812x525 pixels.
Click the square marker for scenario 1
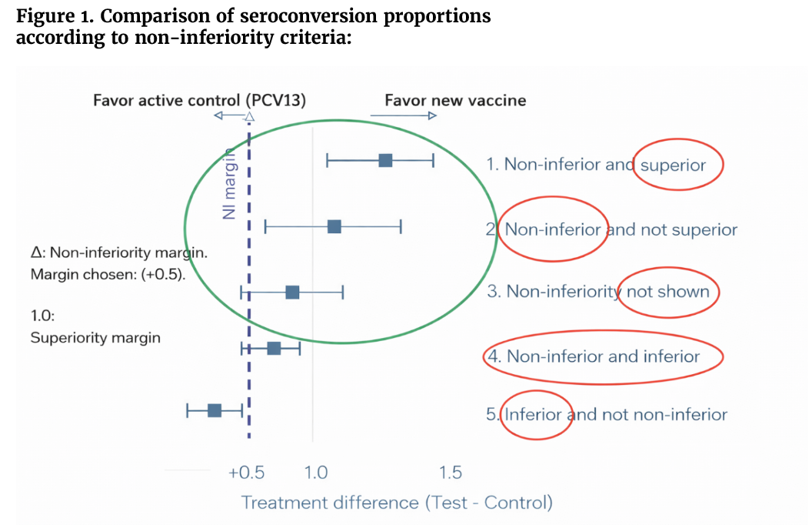click(x=385, y=160)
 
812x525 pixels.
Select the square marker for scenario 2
click(x=334, y=226)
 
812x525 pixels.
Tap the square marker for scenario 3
click(x=292, y=292)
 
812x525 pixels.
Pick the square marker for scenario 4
click(x=274, y=348)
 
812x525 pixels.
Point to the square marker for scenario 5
click(x=215, y=410)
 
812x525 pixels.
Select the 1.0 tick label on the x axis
click(x=316, y=472)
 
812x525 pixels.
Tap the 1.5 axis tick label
click(x=450, y=472)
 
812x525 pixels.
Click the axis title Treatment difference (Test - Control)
click(x=397, y=503)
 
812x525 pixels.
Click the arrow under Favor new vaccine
click(x=403, y=115)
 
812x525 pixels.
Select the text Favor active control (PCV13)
click(x=199, y=100)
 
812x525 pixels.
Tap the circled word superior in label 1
click(x=673, y=164)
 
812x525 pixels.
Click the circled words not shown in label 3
click(x=667, y=292)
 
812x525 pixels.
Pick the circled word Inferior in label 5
click(x=534, y=415)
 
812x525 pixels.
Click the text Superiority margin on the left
click(x=95, y=337)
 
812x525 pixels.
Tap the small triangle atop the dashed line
click(x=249, y=117)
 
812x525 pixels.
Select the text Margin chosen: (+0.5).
click(x=107, y=275)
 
